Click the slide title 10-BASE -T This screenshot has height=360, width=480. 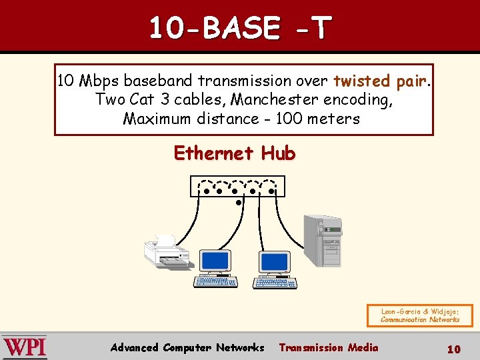[239, 28]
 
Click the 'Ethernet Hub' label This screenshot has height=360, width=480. [234, 153]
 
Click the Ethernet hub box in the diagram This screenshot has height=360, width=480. [237, 186]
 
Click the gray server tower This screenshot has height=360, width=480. [322, 242]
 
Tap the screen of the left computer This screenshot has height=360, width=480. [215, 260]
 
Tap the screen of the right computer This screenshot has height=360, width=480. [275, 260]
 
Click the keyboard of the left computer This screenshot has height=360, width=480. [215, 283]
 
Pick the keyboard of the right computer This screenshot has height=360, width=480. [275, 283]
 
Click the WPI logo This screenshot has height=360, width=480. [25, 347]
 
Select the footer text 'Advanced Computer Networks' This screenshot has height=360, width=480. [187, 347]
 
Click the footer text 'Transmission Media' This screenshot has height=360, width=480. [328, 347]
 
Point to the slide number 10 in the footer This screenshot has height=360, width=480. [453, 349]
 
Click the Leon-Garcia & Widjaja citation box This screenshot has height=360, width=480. [419, 315]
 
